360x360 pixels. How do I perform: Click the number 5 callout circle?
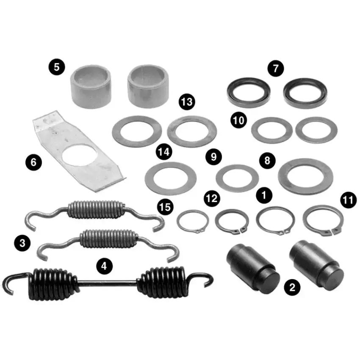point(56,67)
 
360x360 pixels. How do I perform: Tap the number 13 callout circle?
point(187,102)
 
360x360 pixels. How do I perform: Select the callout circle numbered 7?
point(276,69)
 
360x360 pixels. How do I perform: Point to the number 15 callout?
point(165,207)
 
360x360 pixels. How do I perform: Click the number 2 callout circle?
point(292,287)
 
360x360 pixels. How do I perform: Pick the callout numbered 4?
point(104,266)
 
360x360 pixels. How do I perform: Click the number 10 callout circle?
point(239,120)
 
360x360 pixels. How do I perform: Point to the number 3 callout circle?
point(22,243)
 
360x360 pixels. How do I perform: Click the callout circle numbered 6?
point(33,162)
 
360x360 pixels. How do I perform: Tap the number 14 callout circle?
point(164,152)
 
